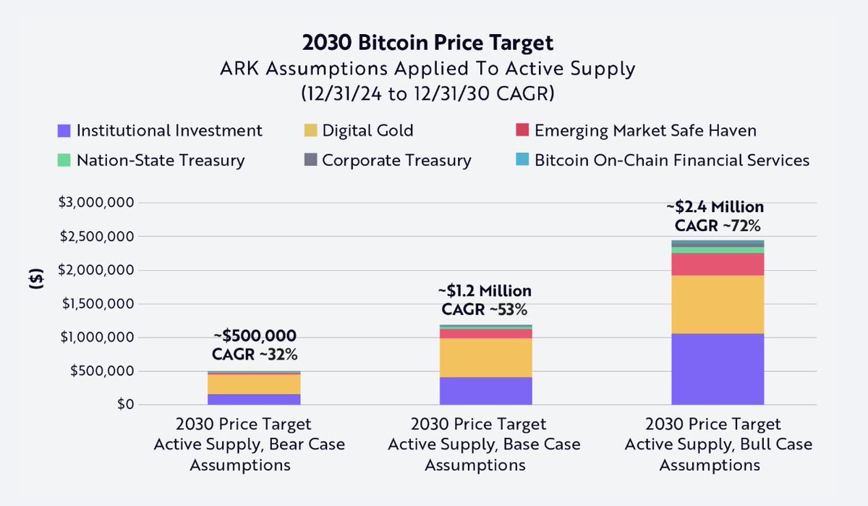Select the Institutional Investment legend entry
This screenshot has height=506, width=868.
(x=160, y=131)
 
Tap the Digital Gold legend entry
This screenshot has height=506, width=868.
(x=359, y=131)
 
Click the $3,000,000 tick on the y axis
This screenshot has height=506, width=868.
(x=94, y=203)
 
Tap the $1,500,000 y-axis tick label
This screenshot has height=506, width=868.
(x=94, y=304)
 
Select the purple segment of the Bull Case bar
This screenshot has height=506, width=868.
(x=718, y=368)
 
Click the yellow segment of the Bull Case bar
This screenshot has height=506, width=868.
(x=718, y=304)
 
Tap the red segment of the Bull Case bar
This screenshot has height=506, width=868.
(x=718, y=264)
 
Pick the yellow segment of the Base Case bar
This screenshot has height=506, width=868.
(x=485, y=358)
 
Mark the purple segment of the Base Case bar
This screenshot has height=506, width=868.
(x=485, y=390)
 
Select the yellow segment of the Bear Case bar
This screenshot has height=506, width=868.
(x=254, y=384)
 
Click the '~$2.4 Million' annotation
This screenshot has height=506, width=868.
(x=715, y=208)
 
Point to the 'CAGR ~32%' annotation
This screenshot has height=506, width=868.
(x=255, y=355)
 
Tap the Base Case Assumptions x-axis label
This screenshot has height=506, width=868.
(x=484, y=444)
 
